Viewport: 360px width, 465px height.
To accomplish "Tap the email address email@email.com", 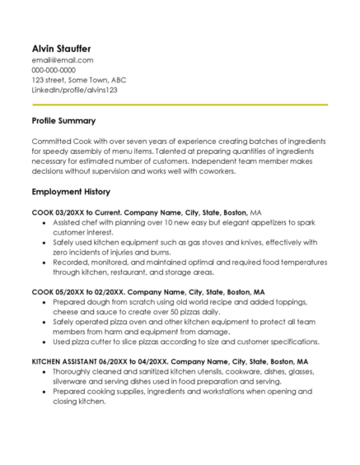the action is tap(62, 60).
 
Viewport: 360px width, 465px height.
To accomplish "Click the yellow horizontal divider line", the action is tap(180, 105).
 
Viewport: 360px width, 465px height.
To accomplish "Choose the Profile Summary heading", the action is tap(66, 121).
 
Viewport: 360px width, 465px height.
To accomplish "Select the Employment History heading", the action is tap(71, 192).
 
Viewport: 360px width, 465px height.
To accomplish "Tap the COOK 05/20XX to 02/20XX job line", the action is tap(148, 292).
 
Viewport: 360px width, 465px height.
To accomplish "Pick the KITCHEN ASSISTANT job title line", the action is tap(170, 361).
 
